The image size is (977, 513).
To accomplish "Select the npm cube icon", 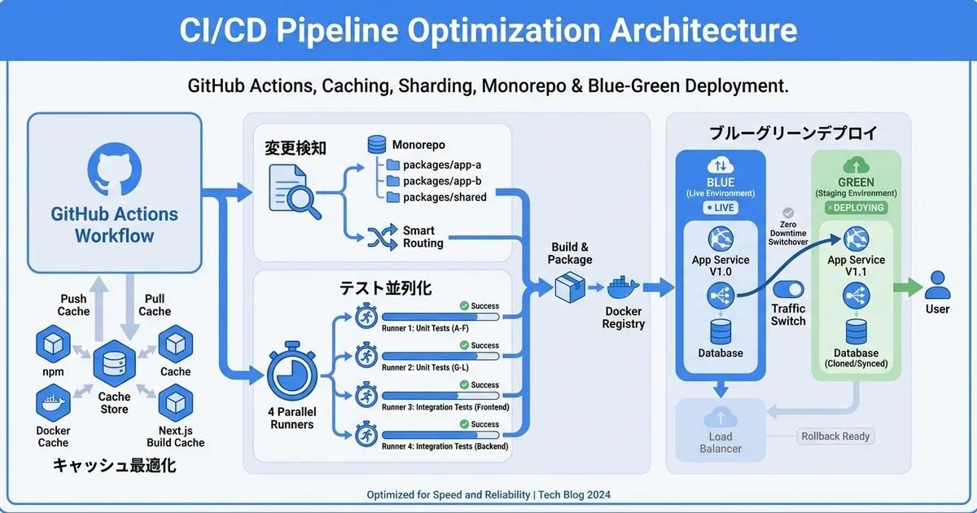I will pos(54,344).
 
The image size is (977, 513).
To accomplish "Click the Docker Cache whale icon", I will pos(53,402).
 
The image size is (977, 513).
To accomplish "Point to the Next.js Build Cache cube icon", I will pos(175,402).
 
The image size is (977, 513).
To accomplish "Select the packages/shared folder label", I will pos(445,197).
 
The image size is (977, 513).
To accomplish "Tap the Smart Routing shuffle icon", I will pos(381,237).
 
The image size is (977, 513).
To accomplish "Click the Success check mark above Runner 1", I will pos(464,306).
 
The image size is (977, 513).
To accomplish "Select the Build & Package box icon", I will pos(569,287).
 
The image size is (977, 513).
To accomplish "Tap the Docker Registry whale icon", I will pos(624,287).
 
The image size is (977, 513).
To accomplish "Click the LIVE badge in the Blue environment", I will pos(720,208).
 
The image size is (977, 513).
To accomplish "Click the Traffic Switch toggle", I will pos(787,290).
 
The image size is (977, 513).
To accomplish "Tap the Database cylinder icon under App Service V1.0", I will pos(721,331).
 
